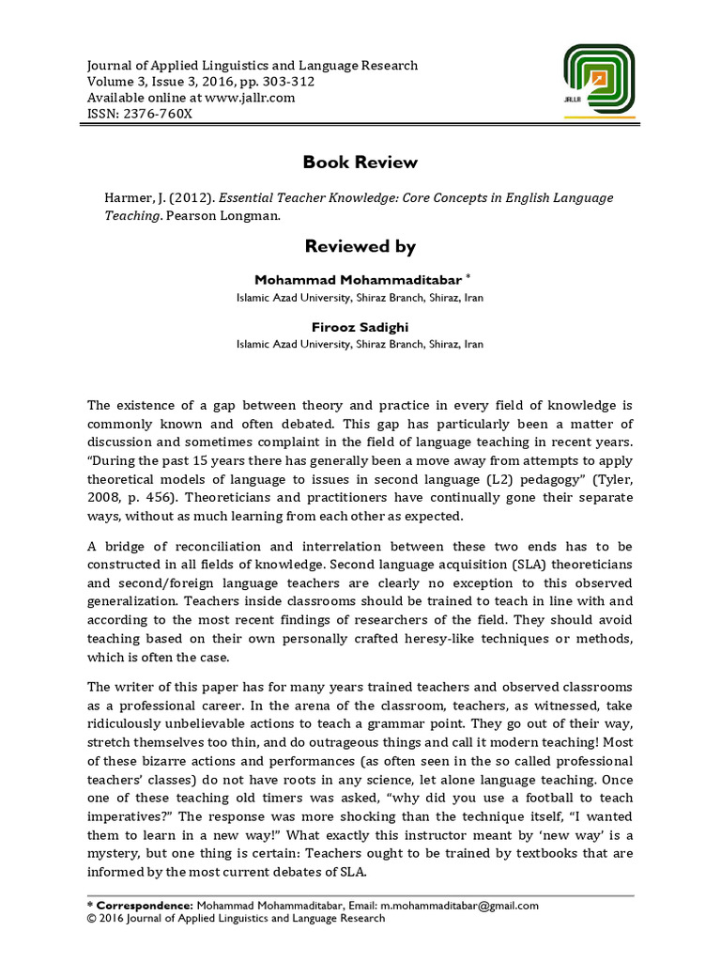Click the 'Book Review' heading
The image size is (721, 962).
[x=360, y=163]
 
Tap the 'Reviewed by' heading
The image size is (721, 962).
[x=360, y=246]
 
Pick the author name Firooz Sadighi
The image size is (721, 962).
[x=360, y=328]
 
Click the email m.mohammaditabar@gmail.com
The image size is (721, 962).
[x=459, y=906]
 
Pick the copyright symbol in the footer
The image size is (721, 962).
[x=91, y=919]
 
